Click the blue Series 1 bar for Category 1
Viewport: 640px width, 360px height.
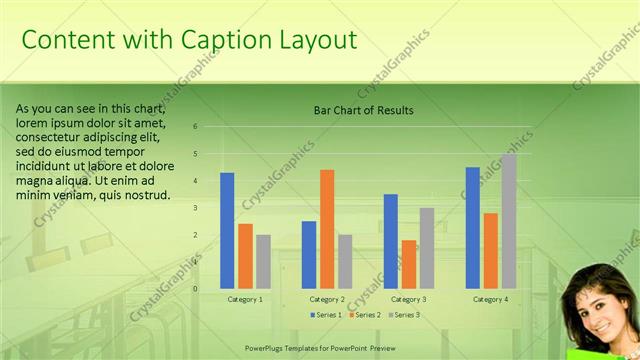pyautogui.click(x=227, y=230)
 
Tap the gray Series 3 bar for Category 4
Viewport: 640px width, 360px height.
pyautogui.click(x=509, y=221)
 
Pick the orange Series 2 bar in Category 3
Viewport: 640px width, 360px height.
pyautogui.click(x=409, y=264)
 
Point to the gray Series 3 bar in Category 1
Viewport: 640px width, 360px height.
pyautogui.click(x=263, y=261)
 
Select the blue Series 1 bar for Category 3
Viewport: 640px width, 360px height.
pyautogui.click(x=391, y=241)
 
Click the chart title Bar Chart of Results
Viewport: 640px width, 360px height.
pyautogui.click(x=363, y=110)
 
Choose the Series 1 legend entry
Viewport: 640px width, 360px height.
pyautogui.click(x=325, y=315)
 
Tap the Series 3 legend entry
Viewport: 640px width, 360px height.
pyautogui.click(x=403, y=315)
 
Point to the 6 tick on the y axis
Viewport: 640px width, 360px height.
pyautogui.click(x=195, y=127)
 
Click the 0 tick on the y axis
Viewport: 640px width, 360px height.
pyautogui.click(x=195, y=289)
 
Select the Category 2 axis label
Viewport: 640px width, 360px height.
pyautogui.click(x=327, y=299)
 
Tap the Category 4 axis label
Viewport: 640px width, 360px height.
pyautogui.click(x=490, y=299)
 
